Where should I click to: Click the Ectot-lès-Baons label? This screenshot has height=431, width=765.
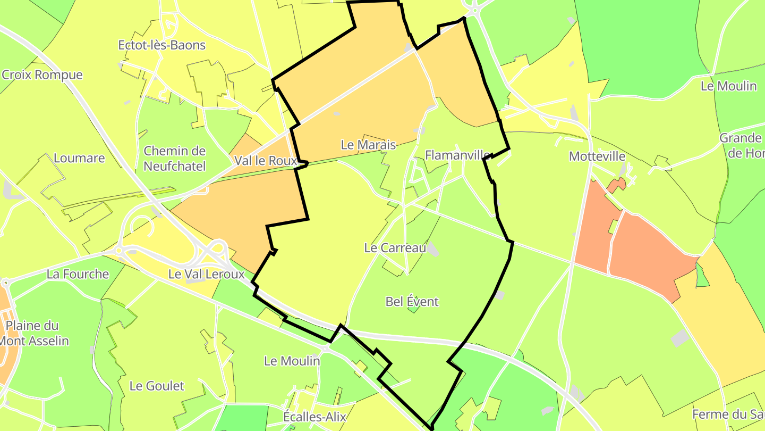pyautogui.click(x=161, y=45)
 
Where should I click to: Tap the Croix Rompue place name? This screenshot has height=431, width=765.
pyautogui.click(x=42, y=74)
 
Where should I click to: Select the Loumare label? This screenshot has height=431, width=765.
pyautogui.click(x=79, y=158)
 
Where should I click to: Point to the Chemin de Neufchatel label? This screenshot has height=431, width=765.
pyautogui.click(x=174, y=159)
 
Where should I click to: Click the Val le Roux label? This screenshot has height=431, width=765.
pyautogui.click(x=265, y=160)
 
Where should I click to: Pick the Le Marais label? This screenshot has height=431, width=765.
pyautogui.click(x=368, y=144)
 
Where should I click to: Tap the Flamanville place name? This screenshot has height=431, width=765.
pyautogui.click(x=457, y=155)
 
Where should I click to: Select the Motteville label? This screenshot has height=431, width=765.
pyautogui.click(x=597, y=156)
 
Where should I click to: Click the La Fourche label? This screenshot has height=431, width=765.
pyautogui.click(x=78, y=274)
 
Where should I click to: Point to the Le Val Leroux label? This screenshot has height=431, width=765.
pyautogui.click(x=206, y=274)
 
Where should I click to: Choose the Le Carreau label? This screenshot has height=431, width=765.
pyautogui.click(x=395, y=247)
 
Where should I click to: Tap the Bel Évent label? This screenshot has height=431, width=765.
pyautogui.click(x=412, y=302)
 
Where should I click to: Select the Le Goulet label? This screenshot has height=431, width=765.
pyautogui.click(x=157, y=386)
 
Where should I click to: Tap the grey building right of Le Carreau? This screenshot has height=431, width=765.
pyautogui.click(x=433, y=249)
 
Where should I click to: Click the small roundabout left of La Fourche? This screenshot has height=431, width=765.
pyautogui.click(x=5, y=282)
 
